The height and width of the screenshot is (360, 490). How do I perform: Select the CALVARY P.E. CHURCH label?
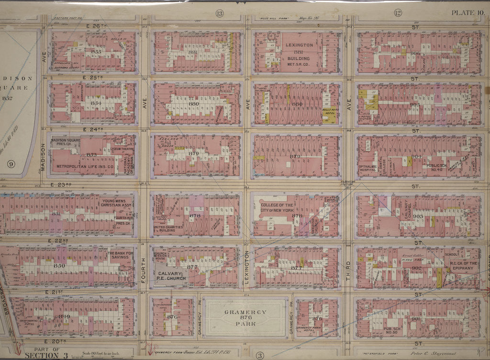pos(170,276)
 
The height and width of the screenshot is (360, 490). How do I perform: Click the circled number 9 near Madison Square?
pos(11,164)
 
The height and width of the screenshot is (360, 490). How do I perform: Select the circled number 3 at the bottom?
pos(259,355)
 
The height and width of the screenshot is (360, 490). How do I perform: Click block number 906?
pos(415,53)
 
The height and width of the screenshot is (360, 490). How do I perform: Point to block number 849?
pos(64,316)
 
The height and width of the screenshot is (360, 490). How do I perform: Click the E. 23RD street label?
pos(59,184)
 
